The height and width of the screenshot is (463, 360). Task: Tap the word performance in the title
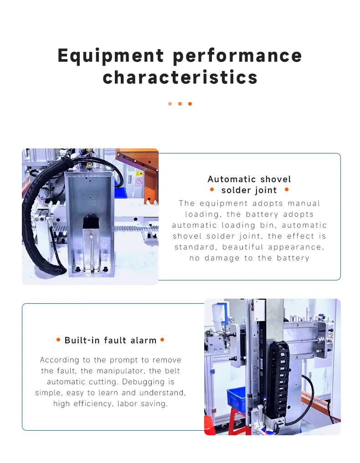tap(237, 56)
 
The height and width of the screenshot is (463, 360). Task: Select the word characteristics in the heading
tap(180, 77)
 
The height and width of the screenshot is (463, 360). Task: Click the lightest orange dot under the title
tap(170, 104)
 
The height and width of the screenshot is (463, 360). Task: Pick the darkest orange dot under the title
tap(190, 104)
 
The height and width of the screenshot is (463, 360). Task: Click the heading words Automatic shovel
tap(249, 179)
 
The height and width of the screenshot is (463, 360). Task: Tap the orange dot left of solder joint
tap(211, 189)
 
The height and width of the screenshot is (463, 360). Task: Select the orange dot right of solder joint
tap(286, 189)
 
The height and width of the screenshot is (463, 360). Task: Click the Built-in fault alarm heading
tap(110, 340)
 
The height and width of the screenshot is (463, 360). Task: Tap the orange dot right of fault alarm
tap(162, 340)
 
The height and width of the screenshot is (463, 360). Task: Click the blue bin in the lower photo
tap(237, 399)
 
